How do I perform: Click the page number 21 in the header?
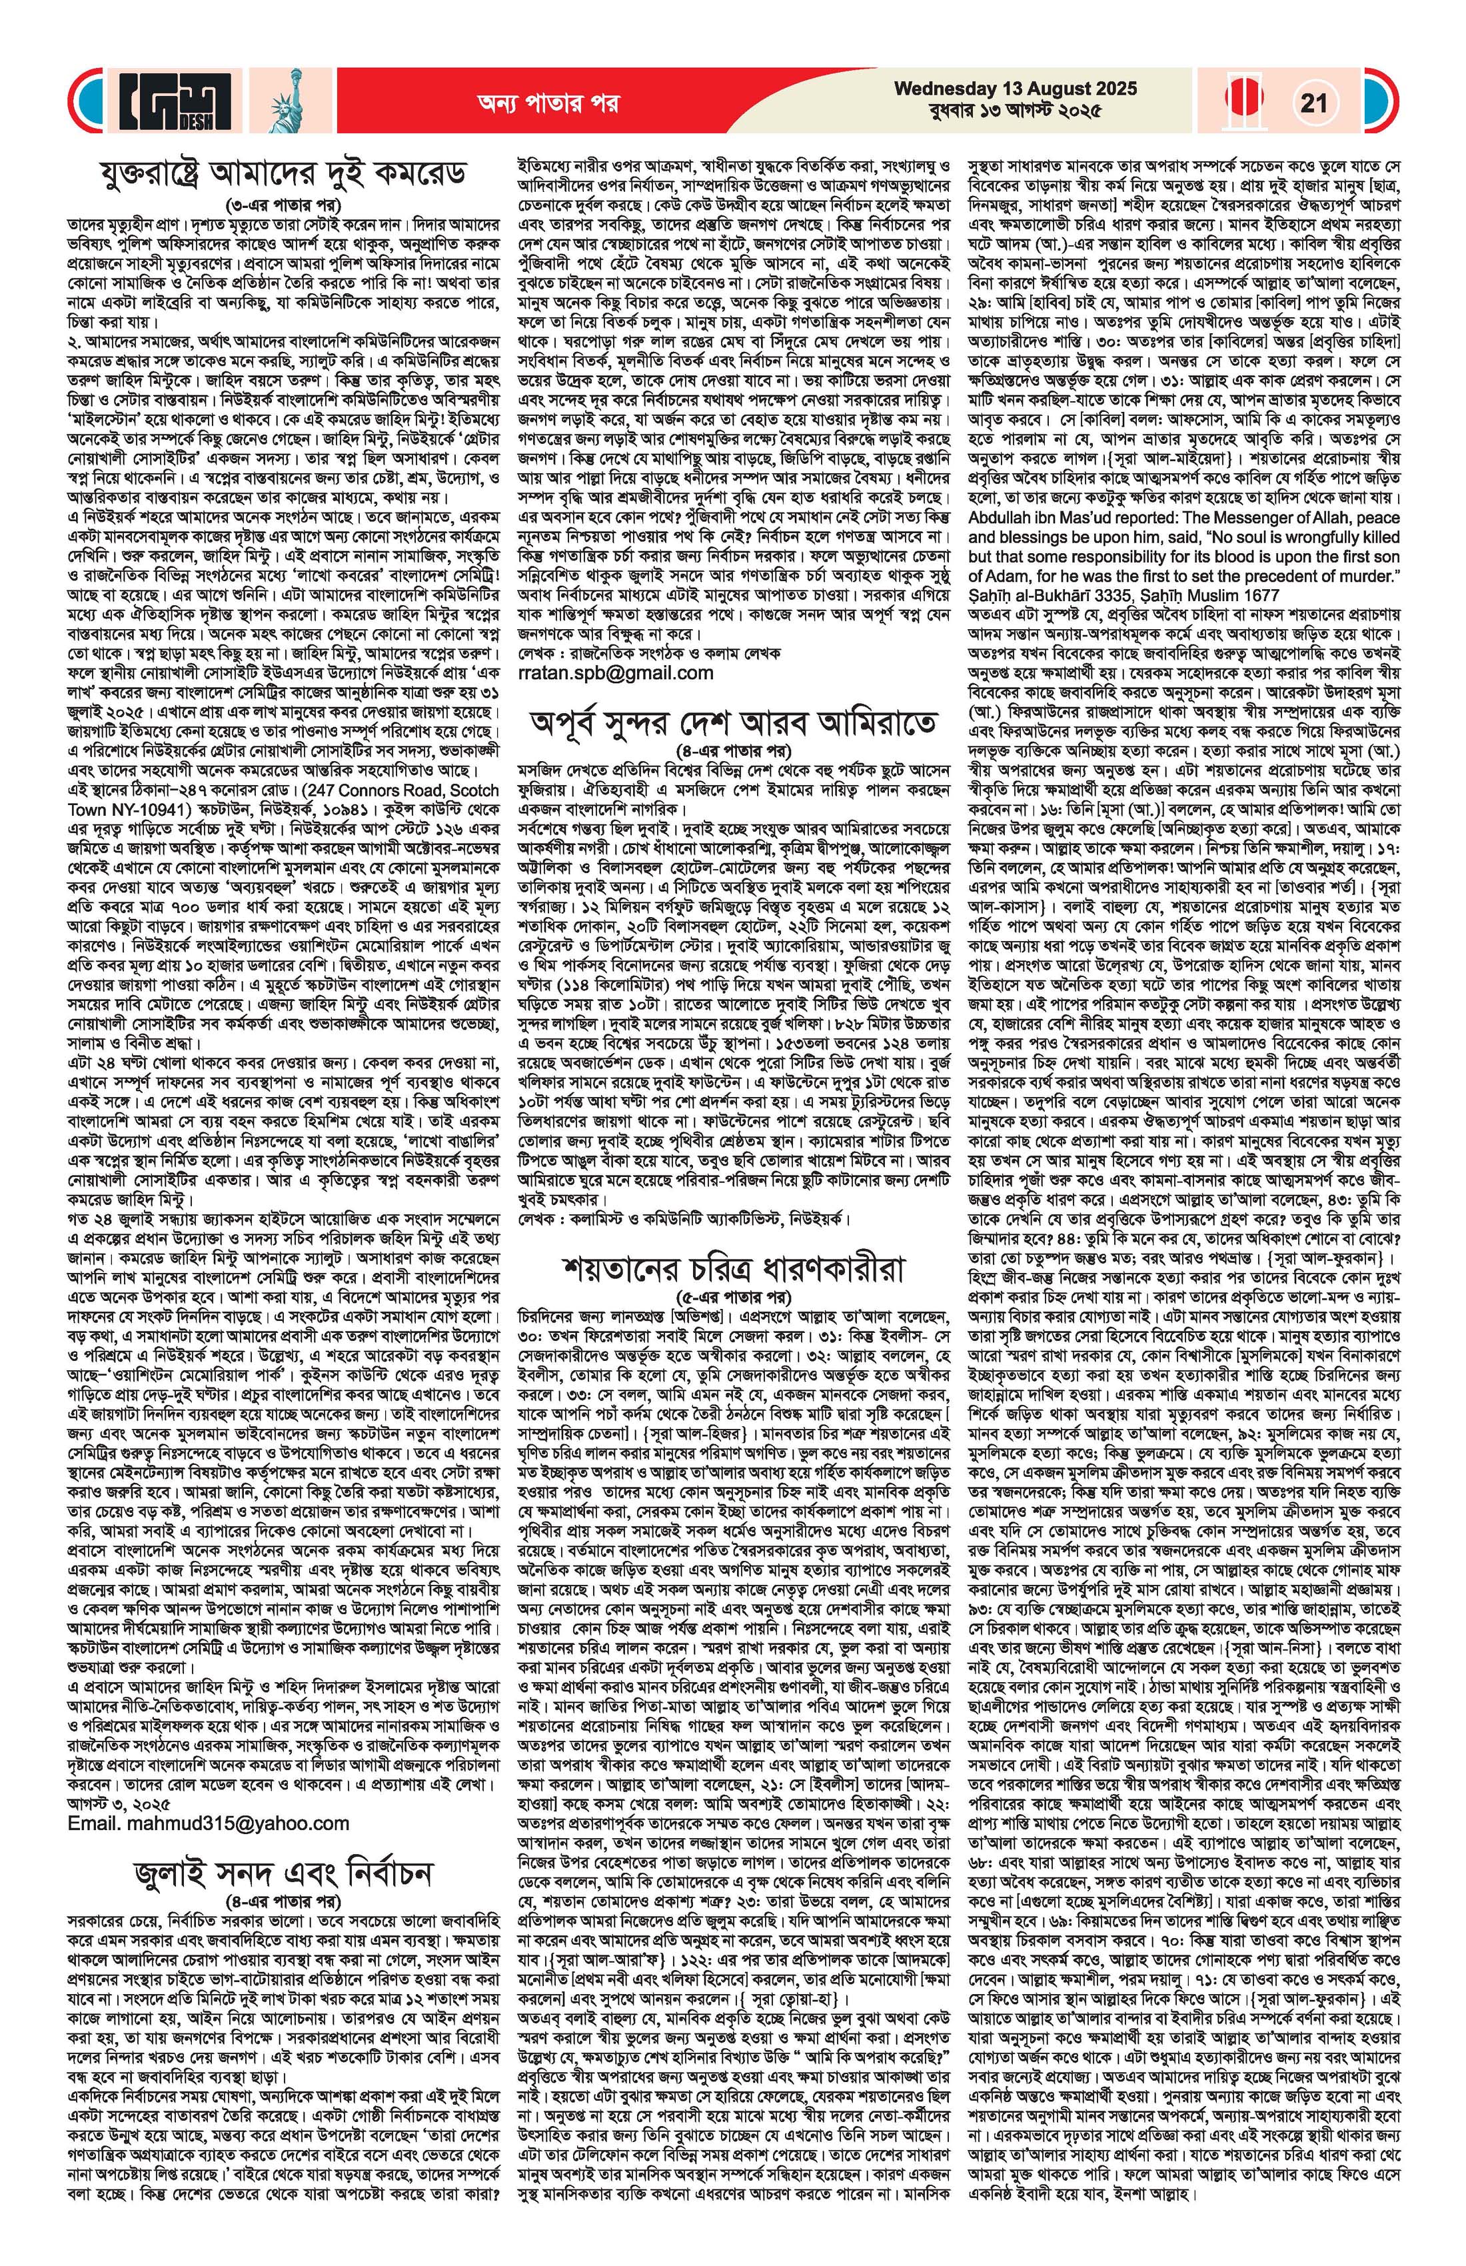[1313, 102]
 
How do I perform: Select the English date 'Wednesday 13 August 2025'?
[1015, 89]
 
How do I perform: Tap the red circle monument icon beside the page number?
[1244, 102]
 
